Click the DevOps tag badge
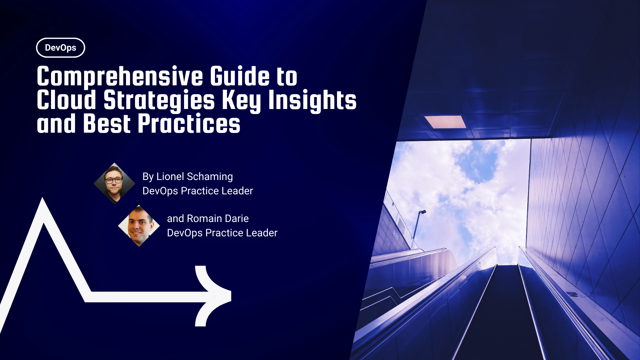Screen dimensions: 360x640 click(x=60, y=48)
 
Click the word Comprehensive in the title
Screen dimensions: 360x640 click(x=120, y=77)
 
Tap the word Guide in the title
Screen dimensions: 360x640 click(x=240, y=77)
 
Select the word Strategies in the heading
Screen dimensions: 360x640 click(x=159, y=100)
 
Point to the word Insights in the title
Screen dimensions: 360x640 click(x=312, y=100)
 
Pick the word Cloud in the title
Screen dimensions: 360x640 click(x=66, y=100)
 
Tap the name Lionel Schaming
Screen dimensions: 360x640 click(x=195, y=176)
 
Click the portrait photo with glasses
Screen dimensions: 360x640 click(x=114, y=183)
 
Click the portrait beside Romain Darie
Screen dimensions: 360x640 click(x=139, y=226)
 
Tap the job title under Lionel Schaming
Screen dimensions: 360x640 click(x=198, y=191)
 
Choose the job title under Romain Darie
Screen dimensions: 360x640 click(x=222, y=233)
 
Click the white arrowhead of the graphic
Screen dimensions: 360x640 click(x=213, y=296)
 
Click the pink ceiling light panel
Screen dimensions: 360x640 click(x=445, y=122)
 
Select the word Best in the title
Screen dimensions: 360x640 click(x=106, y=124)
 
